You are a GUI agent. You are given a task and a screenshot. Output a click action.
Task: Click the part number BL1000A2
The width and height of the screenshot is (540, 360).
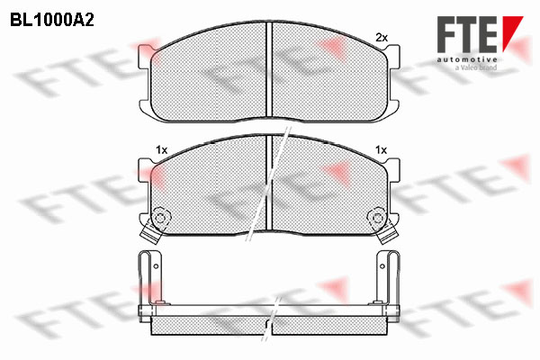52,21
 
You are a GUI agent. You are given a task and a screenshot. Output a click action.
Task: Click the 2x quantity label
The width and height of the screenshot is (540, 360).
382,38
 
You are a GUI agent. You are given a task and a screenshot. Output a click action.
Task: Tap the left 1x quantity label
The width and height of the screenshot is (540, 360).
161,150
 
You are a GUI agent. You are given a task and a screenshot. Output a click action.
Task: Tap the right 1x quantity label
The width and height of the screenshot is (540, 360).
382,150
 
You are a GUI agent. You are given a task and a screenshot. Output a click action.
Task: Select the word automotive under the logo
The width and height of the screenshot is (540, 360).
467,60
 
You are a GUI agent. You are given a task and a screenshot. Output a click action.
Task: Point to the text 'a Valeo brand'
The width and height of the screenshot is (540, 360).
476,67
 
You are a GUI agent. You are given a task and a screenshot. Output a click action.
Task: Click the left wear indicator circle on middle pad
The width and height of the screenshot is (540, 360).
159,218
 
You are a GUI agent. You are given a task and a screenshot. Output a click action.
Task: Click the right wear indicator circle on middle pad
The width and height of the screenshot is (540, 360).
378,218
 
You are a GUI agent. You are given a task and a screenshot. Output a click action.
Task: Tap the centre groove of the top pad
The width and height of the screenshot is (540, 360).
269,69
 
